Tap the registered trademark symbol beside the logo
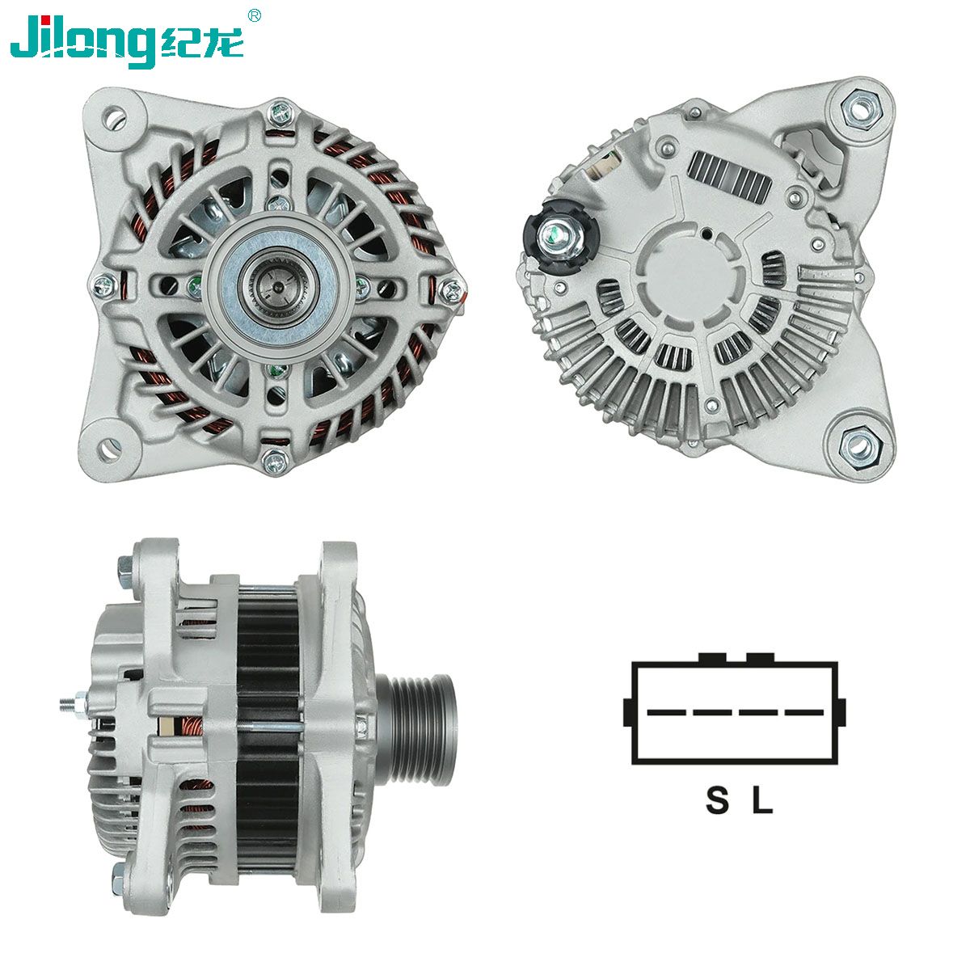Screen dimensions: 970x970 [255, 15]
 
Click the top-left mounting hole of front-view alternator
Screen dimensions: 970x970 [116, 116]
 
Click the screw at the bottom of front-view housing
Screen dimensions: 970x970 [275, 462]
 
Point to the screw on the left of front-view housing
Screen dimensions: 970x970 [103, 285]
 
